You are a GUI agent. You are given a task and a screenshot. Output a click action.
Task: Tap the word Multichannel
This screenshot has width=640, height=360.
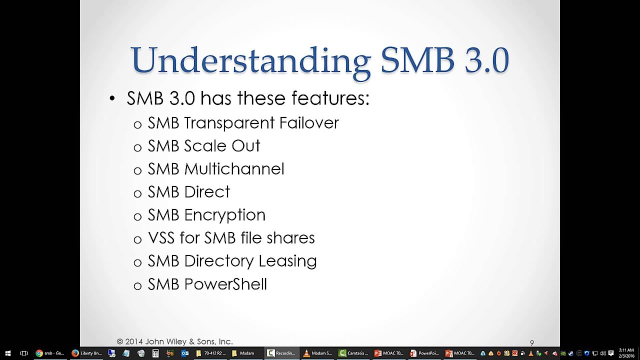click(x=234, y=169)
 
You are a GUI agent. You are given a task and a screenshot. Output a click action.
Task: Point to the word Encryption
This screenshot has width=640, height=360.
click(x=224, y=215)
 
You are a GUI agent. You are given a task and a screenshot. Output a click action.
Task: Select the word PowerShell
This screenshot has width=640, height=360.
click(x=225, y=284)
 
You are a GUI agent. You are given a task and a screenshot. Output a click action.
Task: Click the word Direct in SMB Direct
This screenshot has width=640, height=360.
click(x=207, y=192)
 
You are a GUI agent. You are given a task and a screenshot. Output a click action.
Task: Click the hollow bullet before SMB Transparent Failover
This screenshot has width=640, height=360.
click(x=137, y=124)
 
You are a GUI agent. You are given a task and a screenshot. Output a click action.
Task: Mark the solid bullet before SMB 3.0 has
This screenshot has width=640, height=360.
click(x=112, y=99)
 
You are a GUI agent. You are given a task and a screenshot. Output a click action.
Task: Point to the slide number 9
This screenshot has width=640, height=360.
click(x=532, y=343)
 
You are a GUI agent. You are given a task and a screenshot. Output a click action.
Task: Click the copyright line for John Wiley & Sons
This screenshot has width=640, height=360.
click(x=174, y=341)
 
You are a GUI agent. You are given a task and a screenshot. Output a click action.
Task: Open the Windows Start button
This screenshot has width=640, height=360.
click(x=8, y=353)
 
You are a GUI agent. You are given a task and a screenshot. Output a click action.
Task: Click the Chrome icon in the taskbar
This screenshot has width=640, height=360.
click(x=39, y=353)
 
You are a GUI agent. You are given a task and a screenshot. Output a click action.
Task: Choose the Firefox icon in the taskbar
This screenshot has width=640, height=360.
click(x=75, y=353)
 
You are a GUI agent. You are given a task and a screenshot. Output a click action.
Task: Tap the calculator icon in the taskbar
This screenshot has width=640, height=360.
click(x=155, y=353)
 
